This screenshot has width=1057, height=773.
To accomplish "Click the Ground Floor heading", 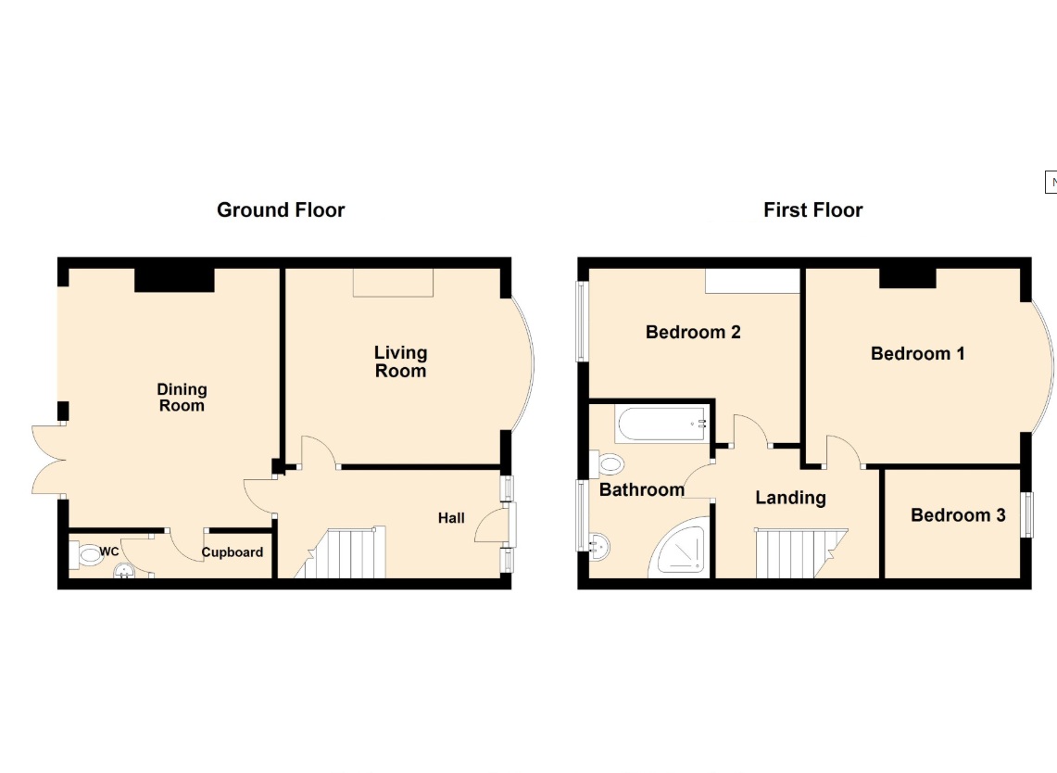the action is [x=281, y=209].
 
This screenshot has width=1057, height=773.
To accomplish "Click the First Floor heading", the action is [x=813, y=209].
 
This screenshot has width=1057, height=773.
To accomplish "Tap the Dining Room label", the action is [x=182, y=398].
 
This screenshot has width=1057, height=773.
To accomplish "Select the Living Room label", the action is [x=400, y=361].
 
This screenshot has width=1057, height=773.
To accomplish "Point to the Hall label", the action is [x=451, y=518].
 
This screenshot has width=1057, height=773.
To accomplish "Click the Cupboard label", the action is [x=232, y=552].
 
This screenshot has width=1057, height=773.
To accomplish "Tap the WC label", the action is [x=109, y=551].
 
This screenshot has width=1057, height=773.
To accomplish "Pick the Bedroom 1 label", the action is [x=917, y=353].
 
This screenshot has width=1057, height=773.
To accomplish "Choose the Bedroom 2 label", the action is [x=693, y=332].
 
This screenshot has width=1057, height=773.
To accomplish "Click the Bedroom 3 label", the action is [x=958, y=515].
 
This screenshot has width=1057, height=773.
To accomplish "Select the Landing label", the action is [x=790, y=498].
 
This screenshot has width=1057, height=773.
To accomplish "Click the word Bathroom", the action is [x=642, y=489].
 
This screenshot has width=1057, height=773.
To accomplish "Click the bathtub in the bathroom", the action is [x=661, y=424].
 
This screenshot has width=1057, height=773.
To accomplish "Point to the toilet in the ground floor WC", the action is [x=86, y=556].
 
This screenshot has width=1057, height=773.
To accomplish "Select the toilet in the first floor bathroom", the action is [x=607, y=463].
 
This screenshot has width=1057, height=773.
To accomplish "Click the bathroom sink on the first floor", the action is [x=598, y=546].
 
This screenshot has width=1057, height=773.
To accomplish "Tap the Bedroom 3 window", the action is [x=1027, y=514].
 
